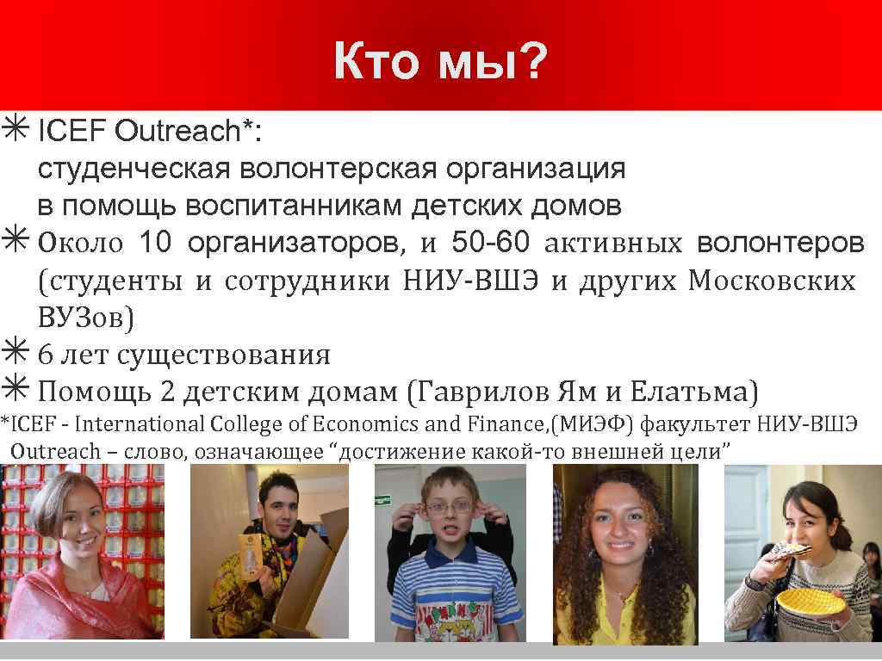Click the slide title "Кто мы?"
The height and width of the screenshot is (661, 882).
pyautogui.click(x=439, y=63)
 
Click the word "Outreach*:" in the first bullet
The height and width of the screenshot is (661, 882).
pyautogui.click(x=189, y=132)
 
